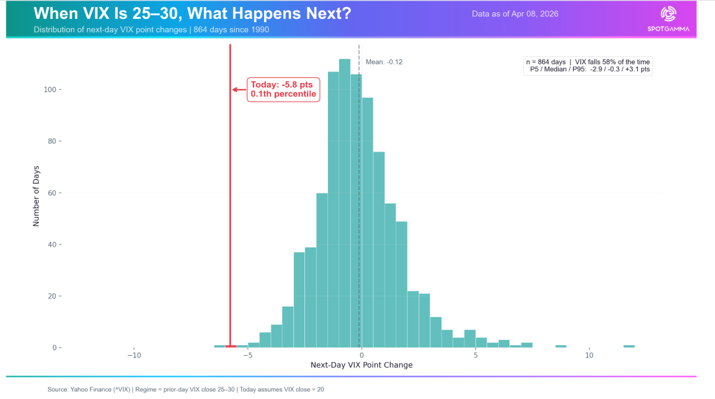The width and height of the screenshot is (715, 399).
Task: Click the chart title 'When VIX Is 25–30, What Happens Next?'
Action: click(x=192, y=13)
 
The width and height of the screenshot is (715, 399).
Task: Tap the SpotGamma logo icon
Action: click(x=668, y=13)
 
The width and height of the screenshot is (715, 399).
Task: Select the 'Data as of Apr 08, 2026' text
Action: click(x=515, y=13)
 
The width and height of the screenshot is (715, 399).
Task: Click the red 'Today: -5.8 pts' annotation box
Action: click(x=283, y=90)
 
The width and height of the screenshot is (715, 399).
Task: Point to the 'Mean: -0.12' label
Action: click(x=384, y=61)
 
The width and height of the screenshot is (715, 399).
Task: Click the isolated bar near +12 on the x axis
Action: click(x=629, y=346)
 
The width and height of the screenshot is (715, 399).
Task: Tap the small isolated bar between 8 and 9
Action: click(x=561, y=346)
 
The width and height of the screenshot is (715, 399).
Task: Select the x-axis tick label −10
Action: click(x=134, y=356)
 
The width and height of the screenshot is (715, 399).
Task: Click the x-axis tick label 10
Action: click(x=589, y=356)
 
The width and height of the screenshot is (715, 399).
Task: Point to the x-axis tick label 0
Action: click(x=361, y=356)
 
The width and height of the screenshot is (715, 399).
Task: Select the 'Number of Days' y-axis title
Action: click(x=36, y=195)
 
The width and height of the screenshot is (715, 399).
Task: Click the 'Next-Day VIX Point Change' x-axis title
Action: click(x=361, y=365)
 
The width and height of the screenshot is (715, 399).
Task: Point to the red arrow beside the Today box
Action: click(x=239, y=90)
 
